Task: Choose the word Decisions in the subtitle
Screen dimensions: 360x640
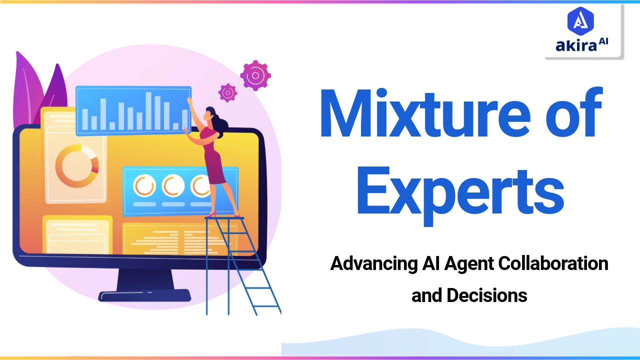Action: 486,295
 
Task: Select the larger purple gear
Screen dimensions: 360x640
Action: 255,75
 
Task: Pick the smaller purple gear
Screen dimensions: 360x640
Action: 227,92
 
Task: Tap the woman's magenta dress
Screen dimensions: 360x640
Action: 213,160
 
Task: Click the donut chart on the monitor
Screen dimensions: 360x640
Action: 77,166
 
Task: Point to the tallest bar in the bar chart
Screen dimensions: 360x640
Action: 148,110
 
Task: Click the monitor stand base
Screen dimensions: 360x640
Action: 144,295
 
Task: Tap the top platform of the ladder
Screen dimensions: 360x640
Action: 224,218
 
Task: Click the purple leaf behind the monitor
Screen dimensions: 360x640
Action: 30,90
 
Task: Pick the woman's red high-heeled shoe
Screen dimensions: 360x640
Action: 212,214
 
